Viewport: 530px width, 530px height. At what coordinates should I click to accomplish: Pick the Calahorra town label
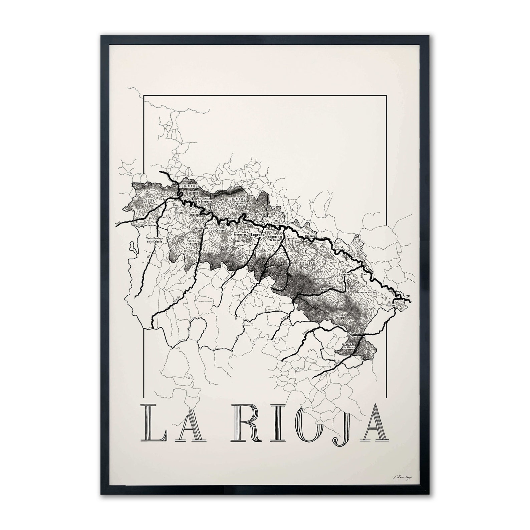[x=345, y=274]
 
